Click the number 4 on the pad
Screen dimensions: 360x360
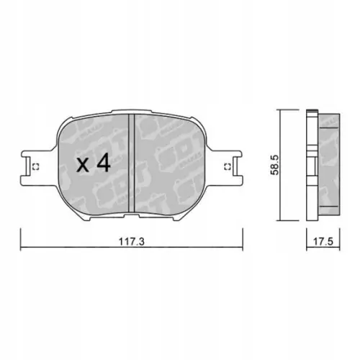(x=102, y=165)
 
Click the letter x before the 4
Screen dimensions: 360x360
(x=82, y=166)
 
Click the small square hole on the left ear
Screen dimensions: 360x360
(x=35, y=168)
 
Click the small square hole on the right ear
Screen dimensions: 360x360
(x=228, y=168)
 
